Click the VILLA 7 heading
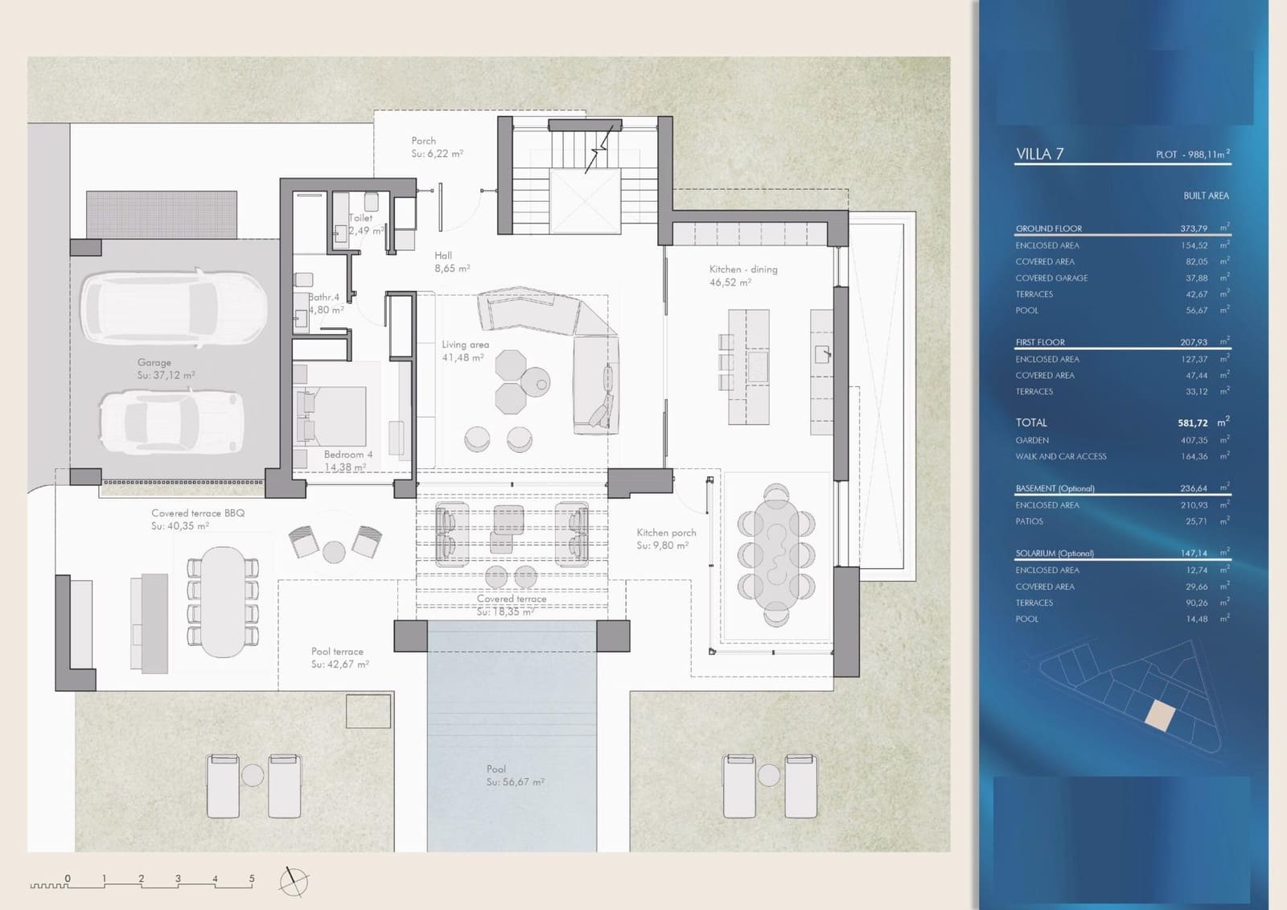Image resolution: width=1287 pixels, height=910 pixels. (1039, 154)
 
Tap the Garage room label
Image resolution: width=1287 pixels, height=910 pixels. (154, 363)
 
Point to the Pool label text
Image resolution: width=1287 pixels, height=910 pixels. (496, 769)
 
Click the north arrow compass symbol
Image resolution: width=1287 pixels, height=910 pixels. (294, 882)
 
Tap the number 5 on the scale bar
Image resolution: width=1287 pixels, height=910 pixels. (252, 879)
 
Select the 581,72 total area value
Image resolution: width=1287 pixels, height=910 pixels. (1193, 423)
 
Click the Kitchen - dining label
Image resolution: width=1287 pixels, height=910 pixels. (743, 270)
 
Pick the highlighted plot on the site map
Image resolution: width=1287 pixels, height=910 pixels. (1159, 714)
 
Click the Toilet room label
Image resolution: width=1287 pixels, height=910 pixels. (360, 218)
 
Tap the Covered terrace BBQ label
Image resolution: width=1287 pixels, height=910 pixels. (198, 513)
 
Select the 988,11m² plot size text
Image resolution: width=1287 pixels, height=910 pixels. (1192, 154)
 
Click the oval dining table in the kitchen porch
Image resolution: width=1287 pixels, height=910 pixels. (776, 554)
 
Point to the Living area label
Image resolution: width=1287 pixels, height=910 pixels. (465, 344)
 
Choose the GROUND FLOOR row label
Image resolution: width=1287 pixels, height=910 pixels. (1048, 229)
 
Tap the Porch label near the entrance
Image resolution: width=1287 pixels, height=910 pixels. (423, 141)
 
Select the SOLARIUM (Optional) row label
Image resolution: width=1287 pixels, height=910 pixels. (1054, 554)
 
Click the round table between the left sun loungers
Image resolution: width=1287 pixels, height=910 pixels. (253, 776)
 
